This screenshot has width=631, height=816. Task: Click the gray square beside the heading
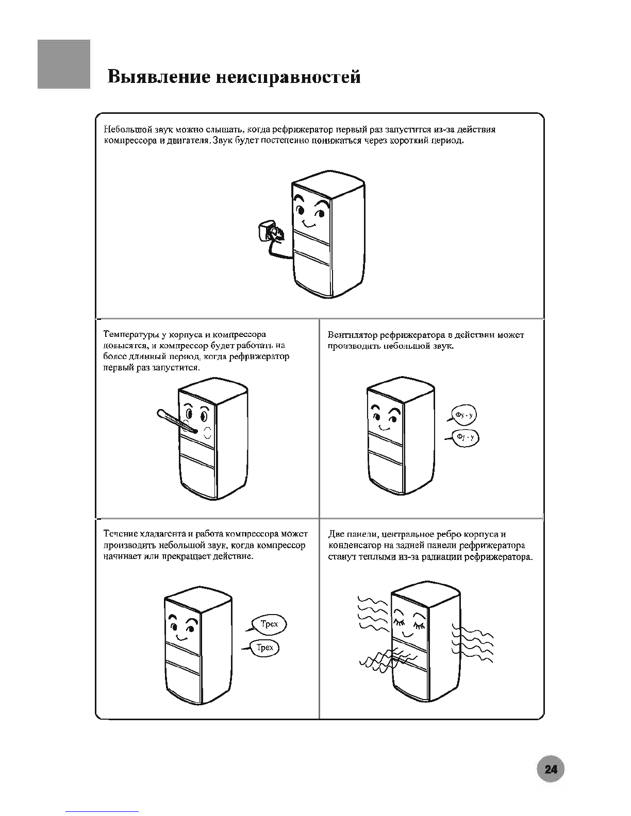tap(64, 64)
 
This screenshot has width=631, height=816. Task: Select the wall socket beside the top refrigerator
tap(270, 231)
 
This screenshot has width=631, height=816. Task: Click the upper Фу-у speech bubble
tap(464, 415)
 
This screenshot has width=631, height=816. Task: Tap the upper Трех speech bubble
tap(269, 624)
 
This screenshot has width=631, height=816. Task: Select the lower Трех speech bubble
tap(264, 648)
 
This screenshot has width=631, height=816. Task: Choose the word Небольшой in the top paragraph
tap(125, 129)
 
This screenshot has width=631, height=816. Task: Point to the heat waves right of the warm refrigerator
tap(472, 644)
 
